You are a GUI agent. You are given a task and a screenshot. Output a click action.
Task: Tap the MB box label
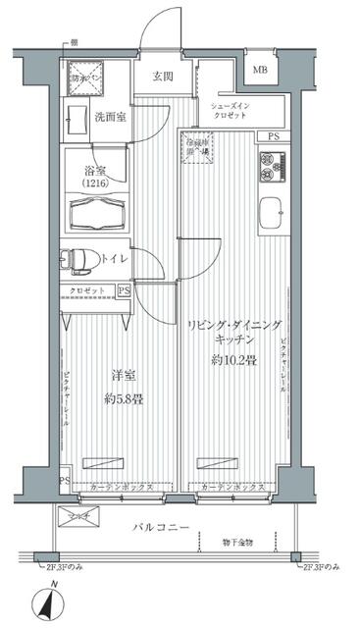259,71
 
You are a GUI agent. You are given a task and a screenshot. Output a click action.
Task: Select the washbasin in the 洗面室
77,123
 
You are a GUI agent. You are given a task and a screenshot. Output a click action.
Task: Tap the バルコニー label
162,528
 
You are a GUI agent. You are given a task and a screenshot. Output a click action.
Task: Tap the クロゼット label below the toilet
89,291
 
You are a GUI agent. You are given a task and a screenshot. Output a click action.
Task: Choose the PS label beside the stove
272,137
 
